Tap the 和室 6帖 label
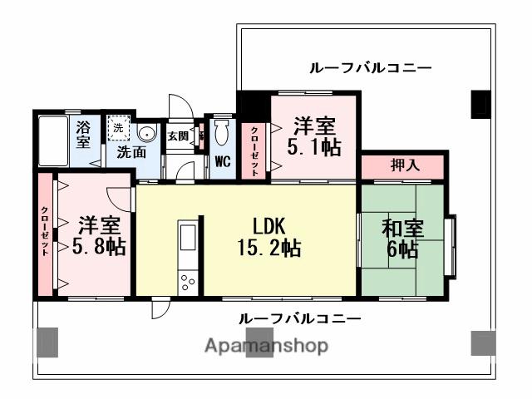click(403, 238)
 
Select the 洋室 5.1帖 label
click(313, 137)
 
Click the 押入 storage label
click(405, 165)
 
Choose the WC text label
click(222, 161)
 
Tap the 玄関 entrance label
click(177, 136)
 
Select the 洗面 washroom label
click(131, 153)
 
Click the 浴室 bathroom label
click(83, 135)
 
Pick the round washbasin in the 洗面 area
click(147, 133)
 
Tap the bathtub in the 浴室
click(53, 141)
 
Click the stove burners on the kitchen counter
click(186, 280)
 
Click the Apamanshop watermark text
click(265, 346)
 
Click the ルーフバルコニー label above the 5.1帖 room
click(359, 67)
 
